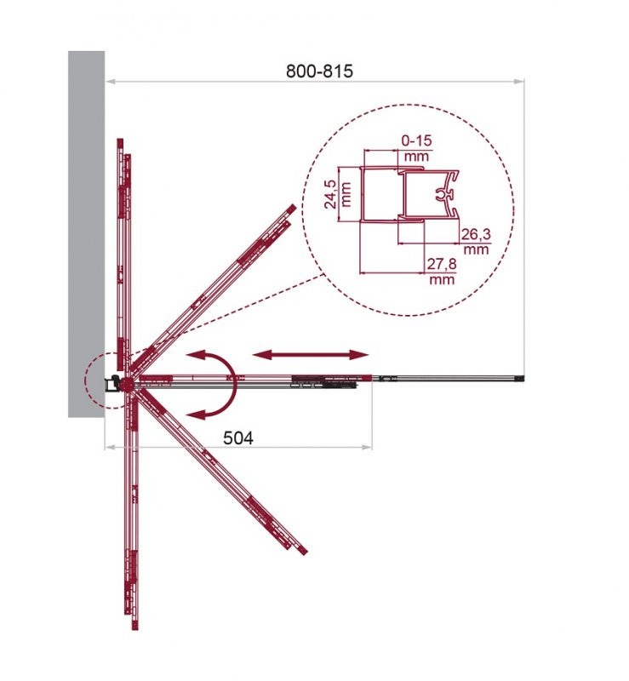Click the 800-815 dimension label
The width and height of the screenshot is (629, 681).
point(319,71)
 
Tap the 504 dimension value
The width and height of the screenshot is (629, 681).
point(238,438)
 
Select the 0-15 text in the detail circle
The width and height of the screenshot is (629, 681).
point(416,140)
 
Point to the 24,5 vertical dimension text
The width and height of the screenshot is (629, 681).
point(332,194)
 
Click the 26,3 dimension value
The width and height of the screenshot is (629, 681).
point(476,235)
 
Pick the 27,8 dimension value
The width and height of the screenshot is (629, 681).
point(442,265)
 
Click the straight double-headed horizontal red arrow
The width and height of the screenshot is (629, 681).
point(310,355)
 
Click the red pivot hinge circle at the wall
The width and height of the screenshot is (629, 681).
point(127,384)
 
